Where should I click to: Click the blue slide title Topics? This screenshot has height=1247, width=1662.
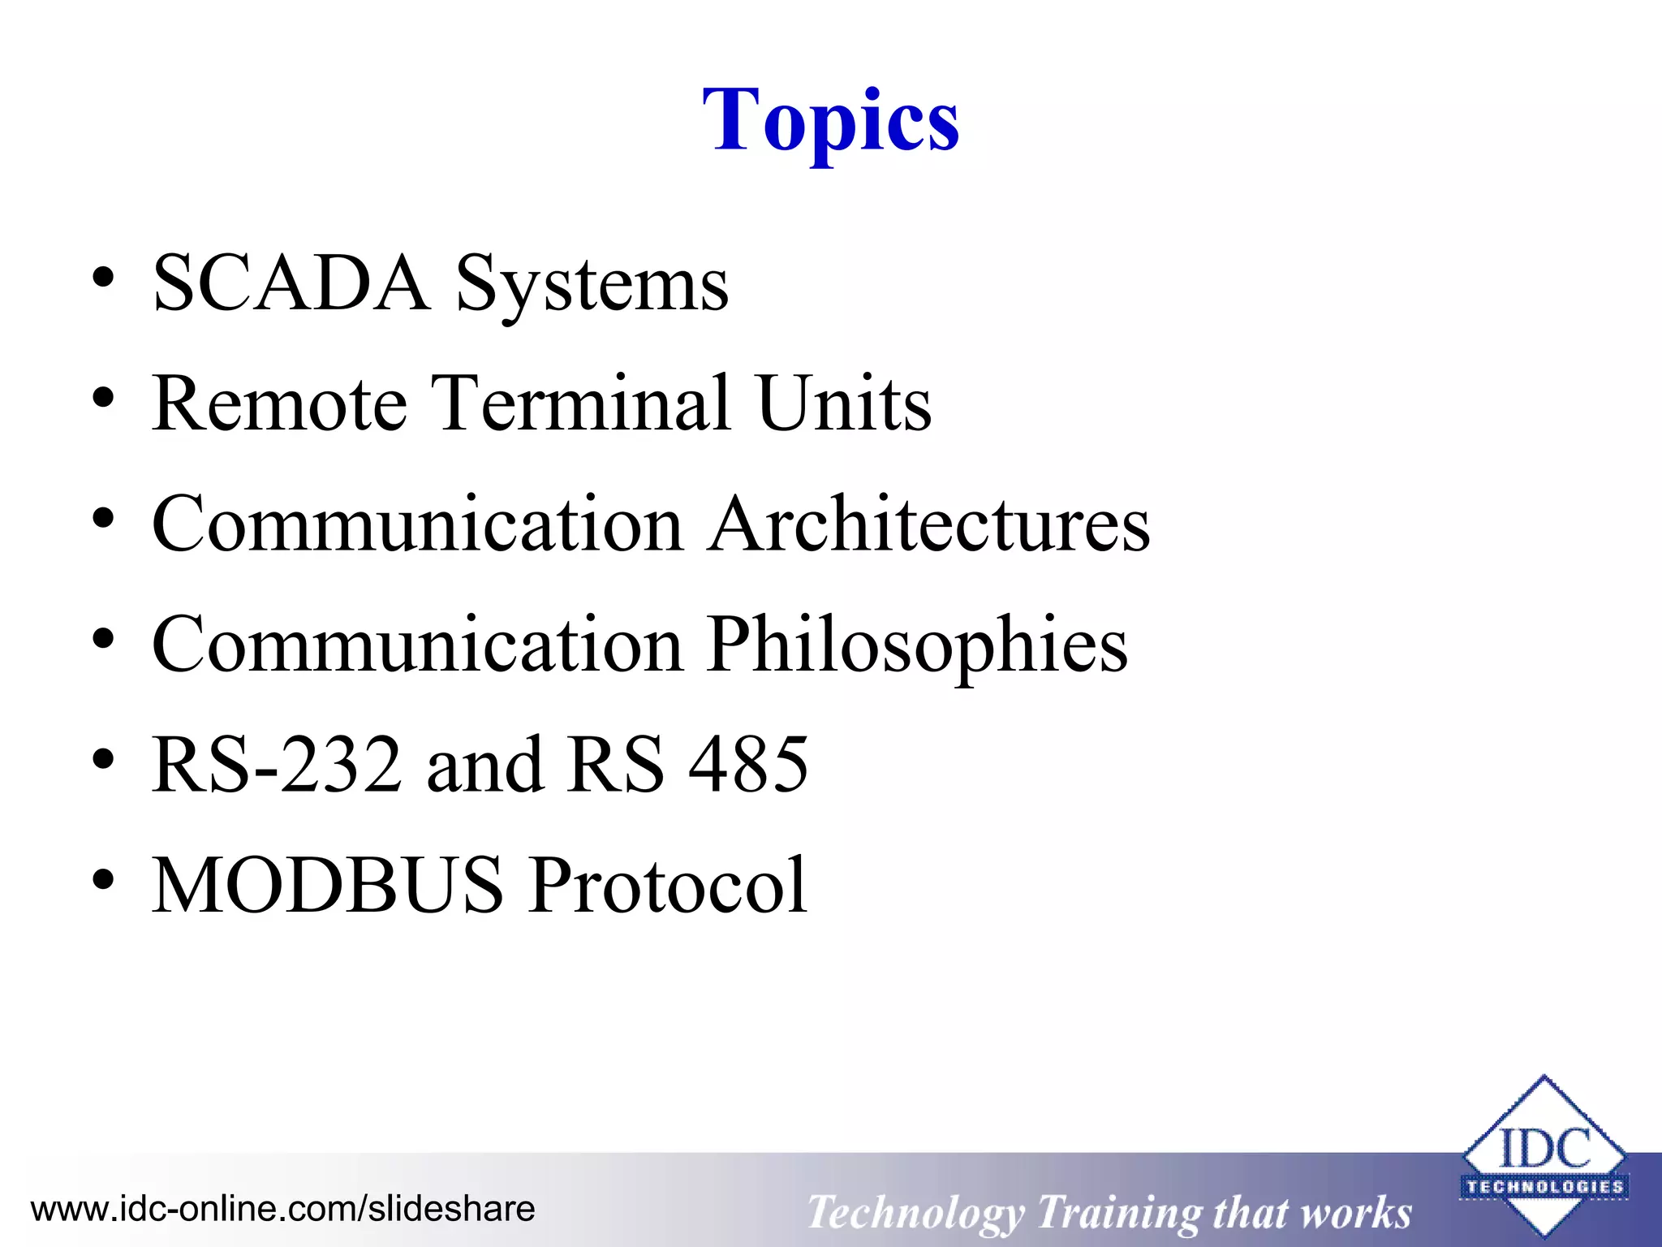coord(830,122)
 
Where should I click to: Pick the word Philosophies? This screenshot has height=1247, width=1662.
coord(917,645)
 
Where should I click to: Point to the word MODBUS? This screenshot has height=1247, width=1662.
coord(328,885)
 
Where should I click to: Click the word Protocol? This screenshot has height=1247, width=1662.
coord(669,885)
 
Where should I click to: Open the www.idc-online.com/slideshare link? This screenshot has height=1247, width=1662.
coord(282,1209)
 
